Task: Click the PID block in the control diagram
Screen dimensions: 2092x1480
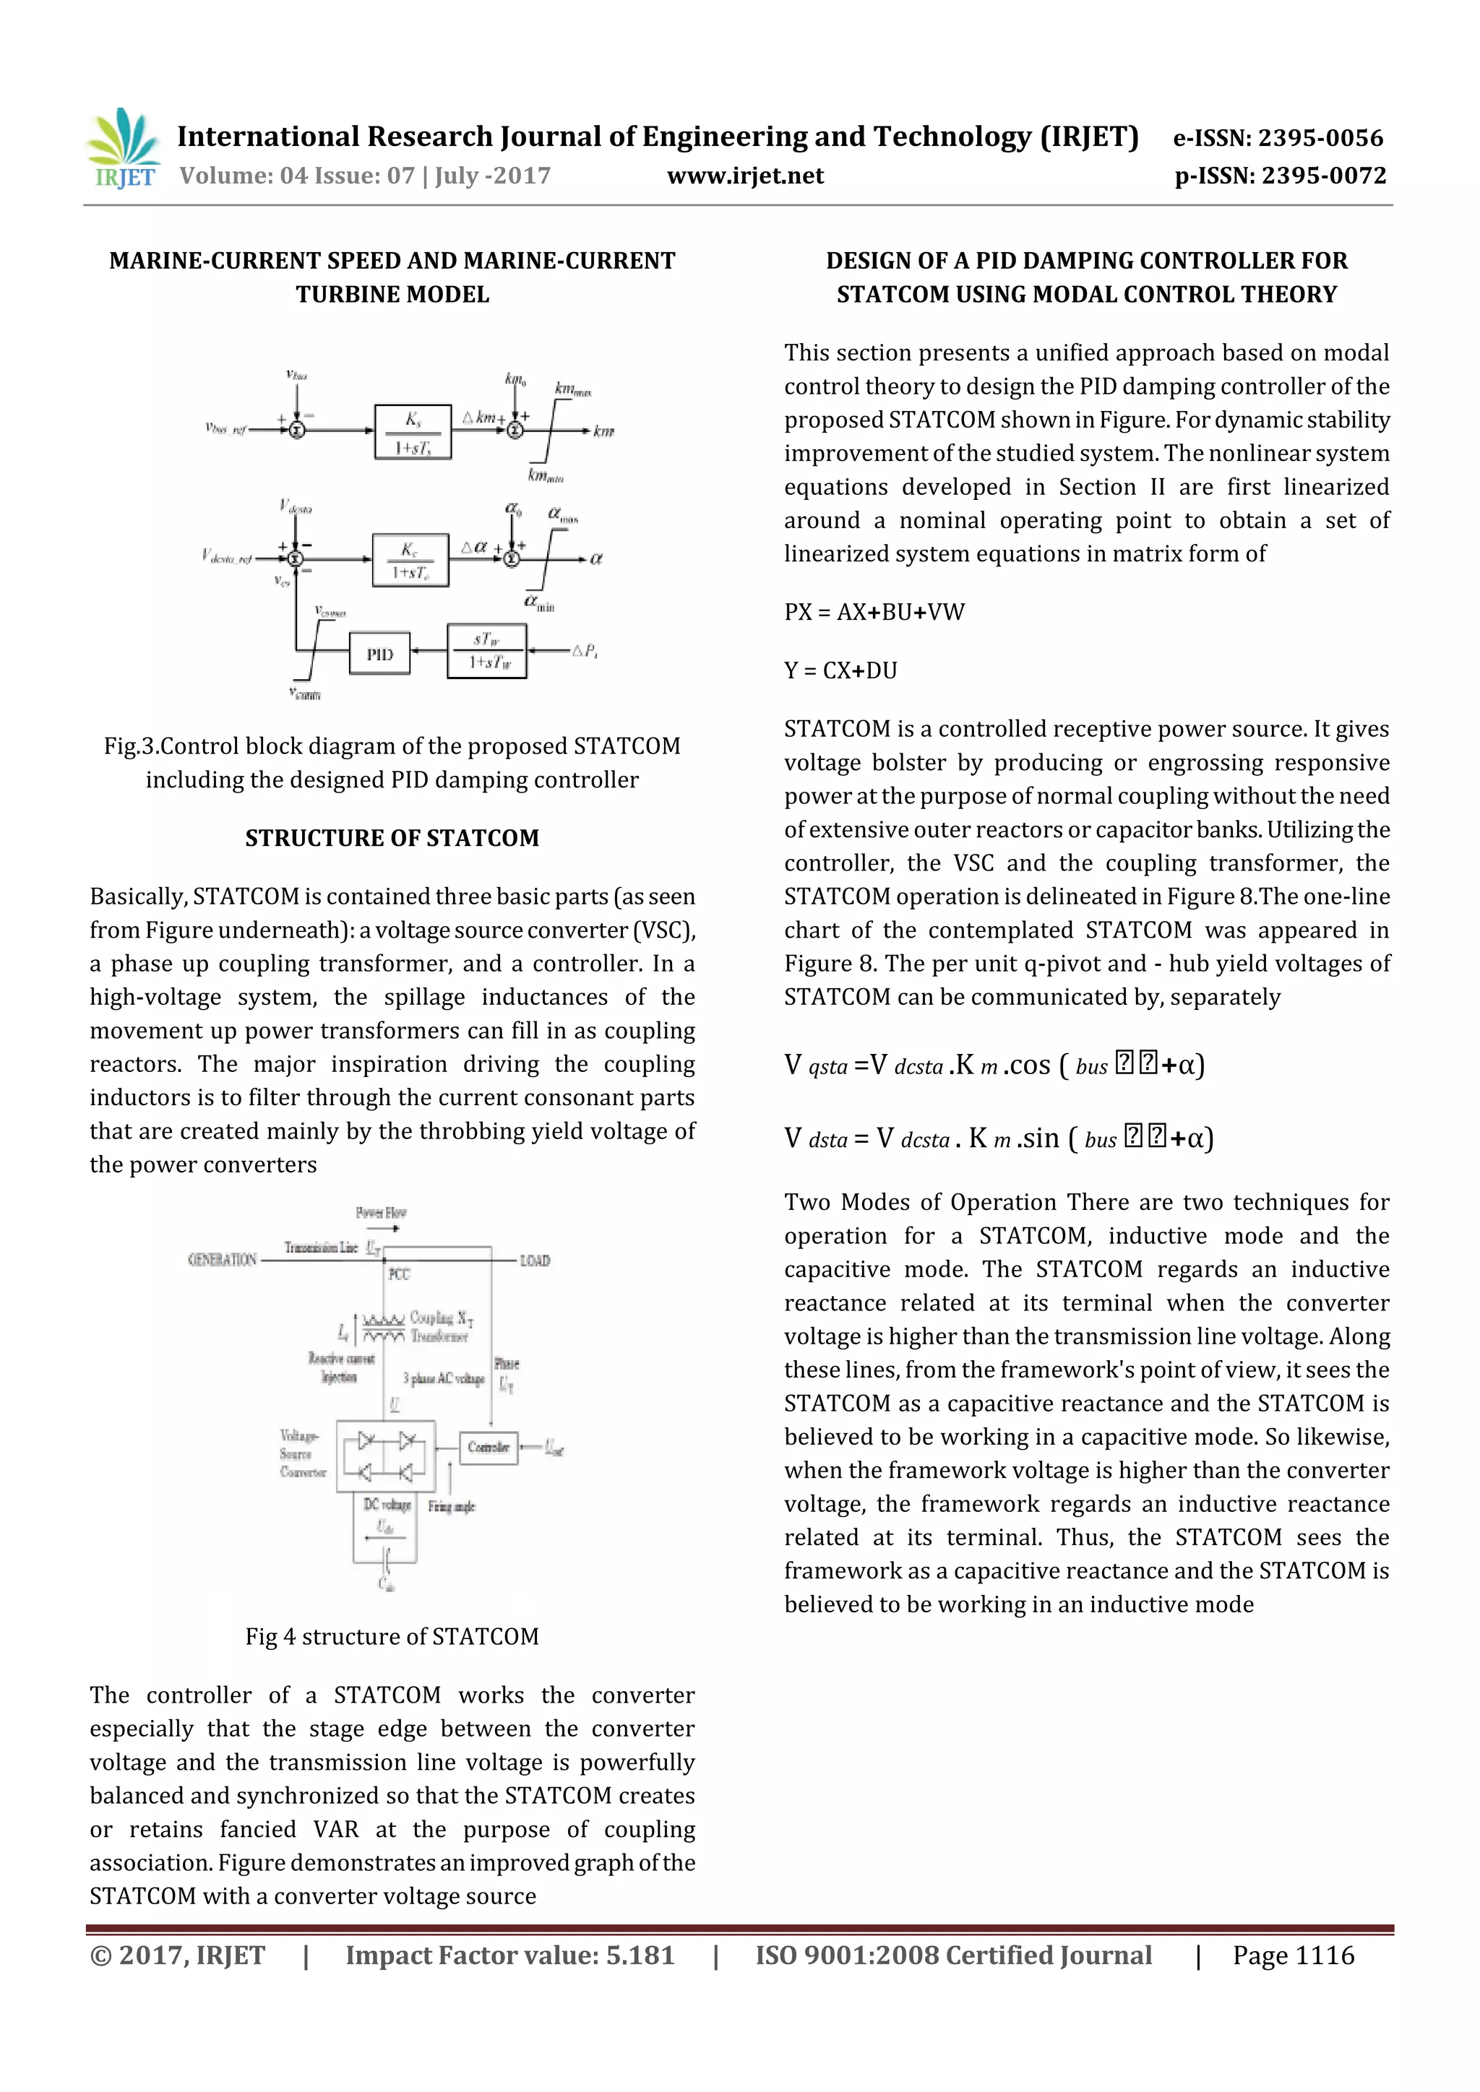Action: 380,654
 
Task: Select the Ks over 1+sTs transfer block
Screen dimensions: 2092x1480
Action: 413,432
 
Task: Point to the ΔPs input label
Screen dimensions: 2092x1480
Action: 584,651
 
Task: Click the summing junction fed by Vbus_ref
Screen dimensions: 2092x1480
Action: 296,430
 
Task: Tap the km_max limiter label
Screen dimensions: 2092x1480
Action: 572,390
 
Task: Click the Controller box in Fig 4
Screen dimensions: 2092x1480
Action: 488,1447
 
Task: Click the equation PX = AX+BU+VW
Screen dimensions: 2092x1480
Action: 874,613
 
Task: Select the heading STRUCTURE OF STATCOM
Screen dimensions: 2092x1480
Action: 392,838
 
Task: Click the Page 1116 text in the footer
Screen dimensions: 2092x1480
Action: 1292,1955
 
